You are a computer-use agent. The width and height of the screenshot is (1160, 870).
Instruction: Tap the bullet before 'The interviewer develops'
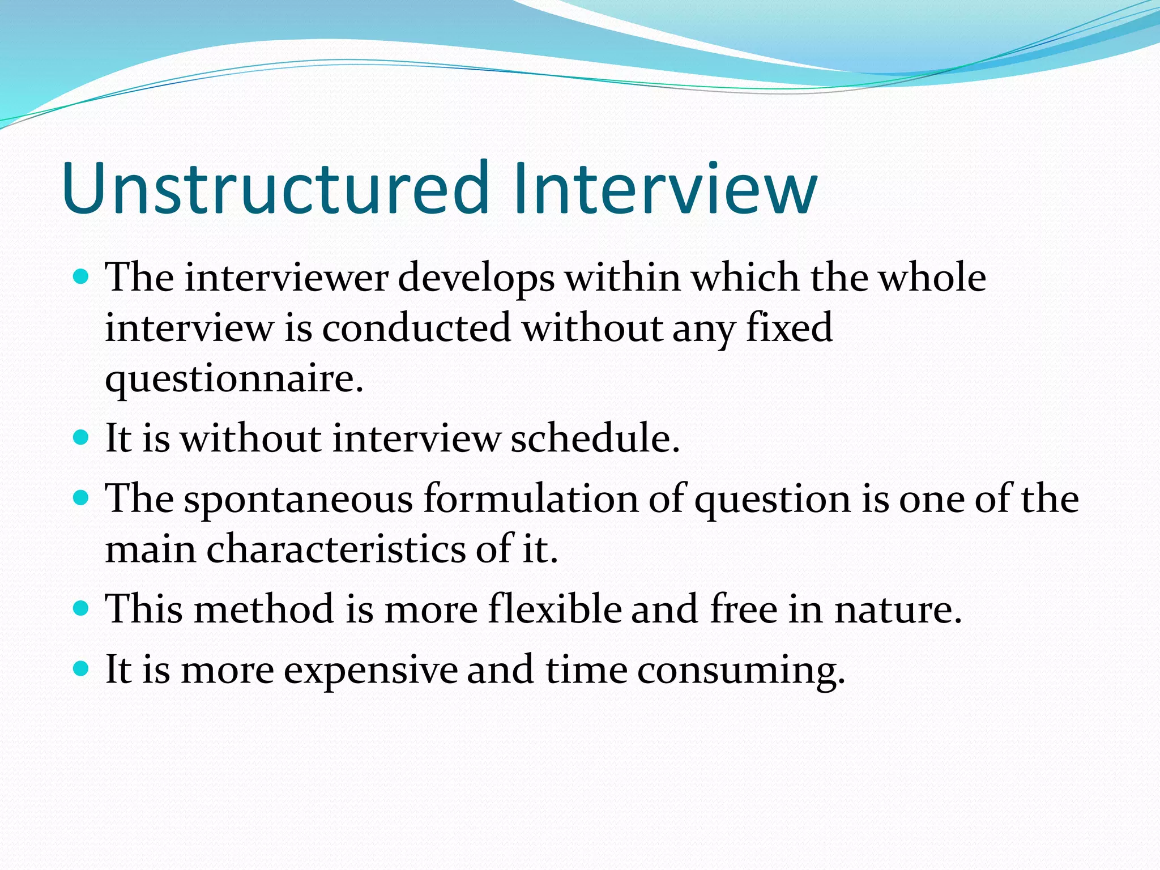pyautogui.click(x=82, y=277)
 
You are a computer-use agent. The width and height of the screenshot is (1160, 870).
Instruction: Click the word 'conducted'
pyautogui.click(x=416, y=328)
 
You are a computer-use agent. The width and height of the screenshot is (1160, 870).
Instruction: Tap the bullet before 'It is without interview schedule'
pyautogui.click(x=82, y=438)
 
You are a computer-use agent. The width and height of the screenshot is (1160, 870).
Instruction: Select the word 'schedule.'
pyautogui.click(x=595, y=439)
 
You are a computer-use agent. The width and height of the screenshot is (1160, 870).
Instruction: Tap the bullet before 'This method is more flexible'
pyautogui.click(x=82, y=609)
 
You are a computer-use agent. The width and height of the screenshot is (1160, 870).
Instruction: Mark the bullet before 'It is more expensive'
pyautogui.click(x=82, y=669)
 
